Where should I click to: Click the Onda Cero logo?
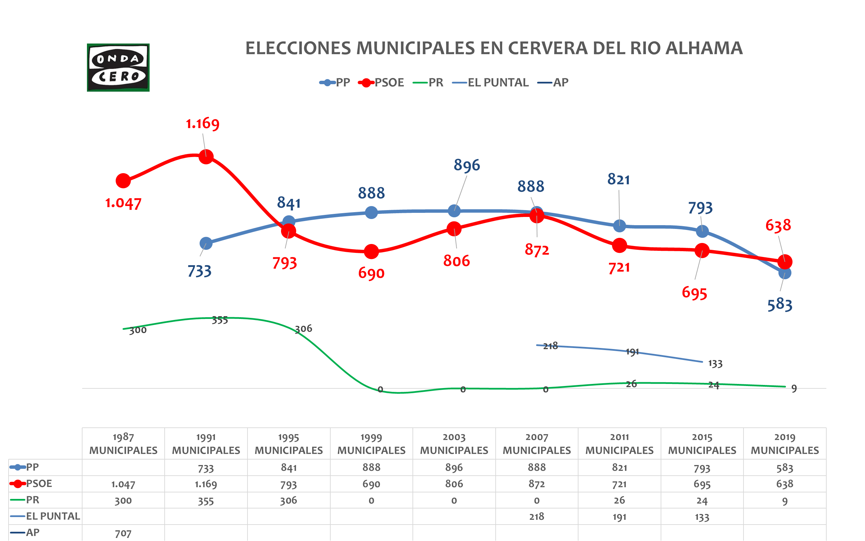[x=118, y=68]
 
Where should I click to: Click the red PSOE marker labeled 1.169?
[x=206, y=157]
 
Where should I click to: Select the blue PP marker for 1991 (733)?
[x=206, y=244]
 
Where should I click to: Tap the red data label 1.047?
[x=123, y=203]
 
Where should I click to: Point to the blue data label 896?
[x=467, y=165]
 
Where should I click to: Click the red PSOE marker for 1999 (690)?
[x=371, y=252]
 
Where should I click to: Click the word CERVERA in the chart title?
[x=548, y=48]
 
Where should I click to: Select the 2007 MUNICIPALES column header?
[x=536, y=444]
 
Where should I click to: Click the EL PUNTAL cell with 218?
[x=536, y=517]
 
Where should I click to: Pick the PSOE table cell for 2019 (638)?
[x=785, y=484]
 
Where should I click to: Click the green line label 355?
[x=220, y=320]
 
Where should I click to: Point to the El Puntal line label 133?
[x=715, y=364]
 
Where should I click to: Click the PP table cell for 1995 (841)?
[x=289, y=468]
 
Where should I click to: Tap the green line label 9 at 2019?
[x=794, y=389]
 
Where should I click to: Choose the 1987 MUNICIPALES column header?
[x=123, y=444]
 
